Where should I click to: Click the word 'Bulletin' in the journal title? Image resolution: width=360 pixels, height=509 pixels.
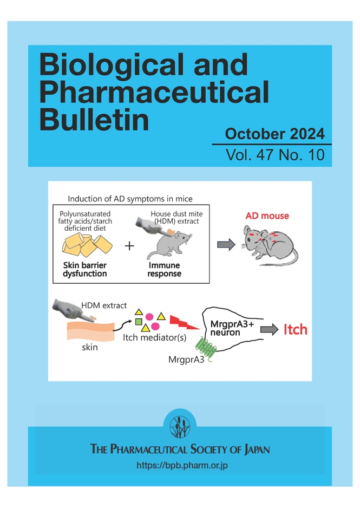94,120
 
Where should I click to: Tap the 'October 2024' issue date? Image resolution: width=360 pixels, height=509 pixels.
275,133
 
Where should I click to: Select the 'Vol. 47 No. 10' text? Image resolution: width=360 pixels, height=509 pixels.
276,155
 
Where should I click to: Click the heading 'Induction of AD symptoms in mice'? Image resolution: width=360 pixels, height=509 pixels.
130,199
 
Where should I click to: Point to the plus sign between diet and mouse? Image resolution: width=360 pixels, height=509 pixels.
129,246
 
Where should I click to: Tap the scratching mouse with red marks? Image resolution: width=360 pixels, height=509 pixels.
269,244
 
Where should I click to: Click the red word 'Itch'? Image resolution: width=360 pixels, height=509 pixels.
296,329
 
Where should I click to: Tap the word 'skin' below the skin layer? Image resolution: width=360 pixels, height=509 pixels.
89,347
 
